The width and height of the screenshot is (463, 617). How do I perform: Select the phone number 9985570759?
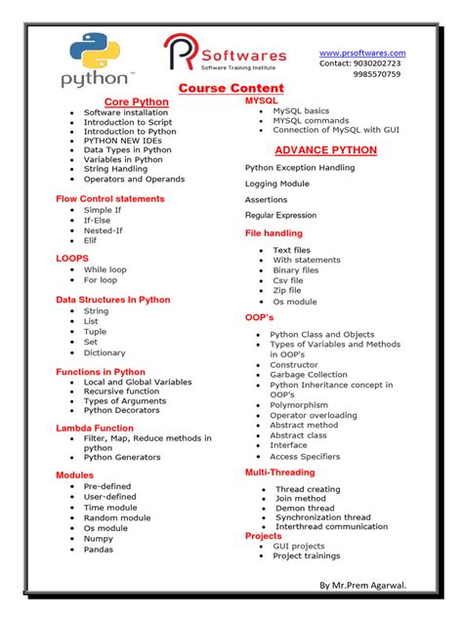click(x=376, y=74)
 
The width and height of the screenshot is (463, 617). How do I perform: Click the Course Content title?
click(x=231, y=89)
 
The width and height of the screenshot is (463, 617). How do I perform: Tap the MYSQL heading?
click(x=261, y=101)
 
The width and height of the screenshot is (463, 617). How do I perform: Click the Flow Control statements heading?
click(x=110, y=198)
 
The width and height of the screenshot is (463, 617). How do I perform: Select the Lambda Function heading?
click(x=95, y=428)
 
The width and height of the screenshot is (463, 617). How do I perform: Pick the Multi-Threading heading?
click(x=279, y=473)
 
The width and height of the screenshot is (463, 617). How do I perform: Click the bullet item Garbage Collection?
click(x=309, y=375)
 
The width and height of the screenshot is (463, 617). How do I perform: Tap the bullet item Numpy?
click(x=98, y=539)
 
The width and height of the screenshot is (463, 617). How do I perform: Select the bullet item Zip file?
click(x=287, y=291)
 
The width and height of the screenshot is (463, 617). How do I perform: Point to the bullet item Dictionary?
click(x=105, y=353)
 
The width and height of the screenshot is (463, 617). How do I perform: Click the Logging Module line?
click(x=276, y=184)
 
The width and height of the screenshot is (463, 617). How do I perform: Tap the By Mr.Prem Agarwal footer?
click(x=362, y=585)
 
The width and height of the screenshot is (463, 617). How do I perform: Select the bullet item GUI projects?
click(x=299, y=546)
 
